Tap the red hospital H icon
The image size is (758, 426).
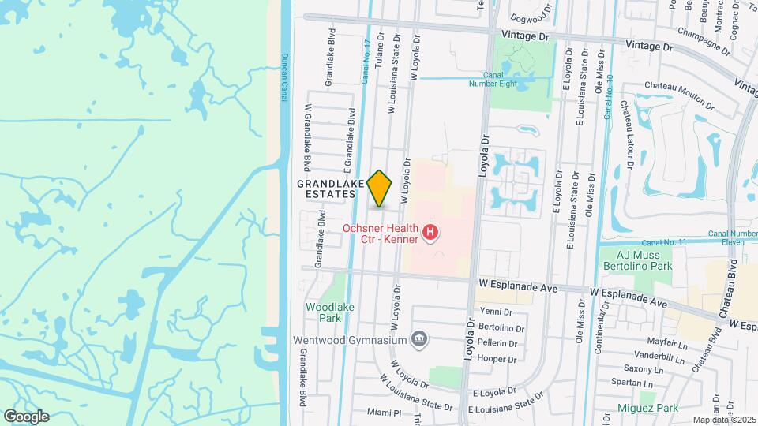(430, 233)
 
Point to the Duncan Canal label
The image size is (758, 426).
(284, 77)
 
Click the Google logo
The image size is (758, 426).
(26, 416)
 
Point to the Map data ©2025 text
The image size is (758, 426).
(724, 420)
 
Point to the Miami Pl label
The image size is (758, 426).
(385, 413)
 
